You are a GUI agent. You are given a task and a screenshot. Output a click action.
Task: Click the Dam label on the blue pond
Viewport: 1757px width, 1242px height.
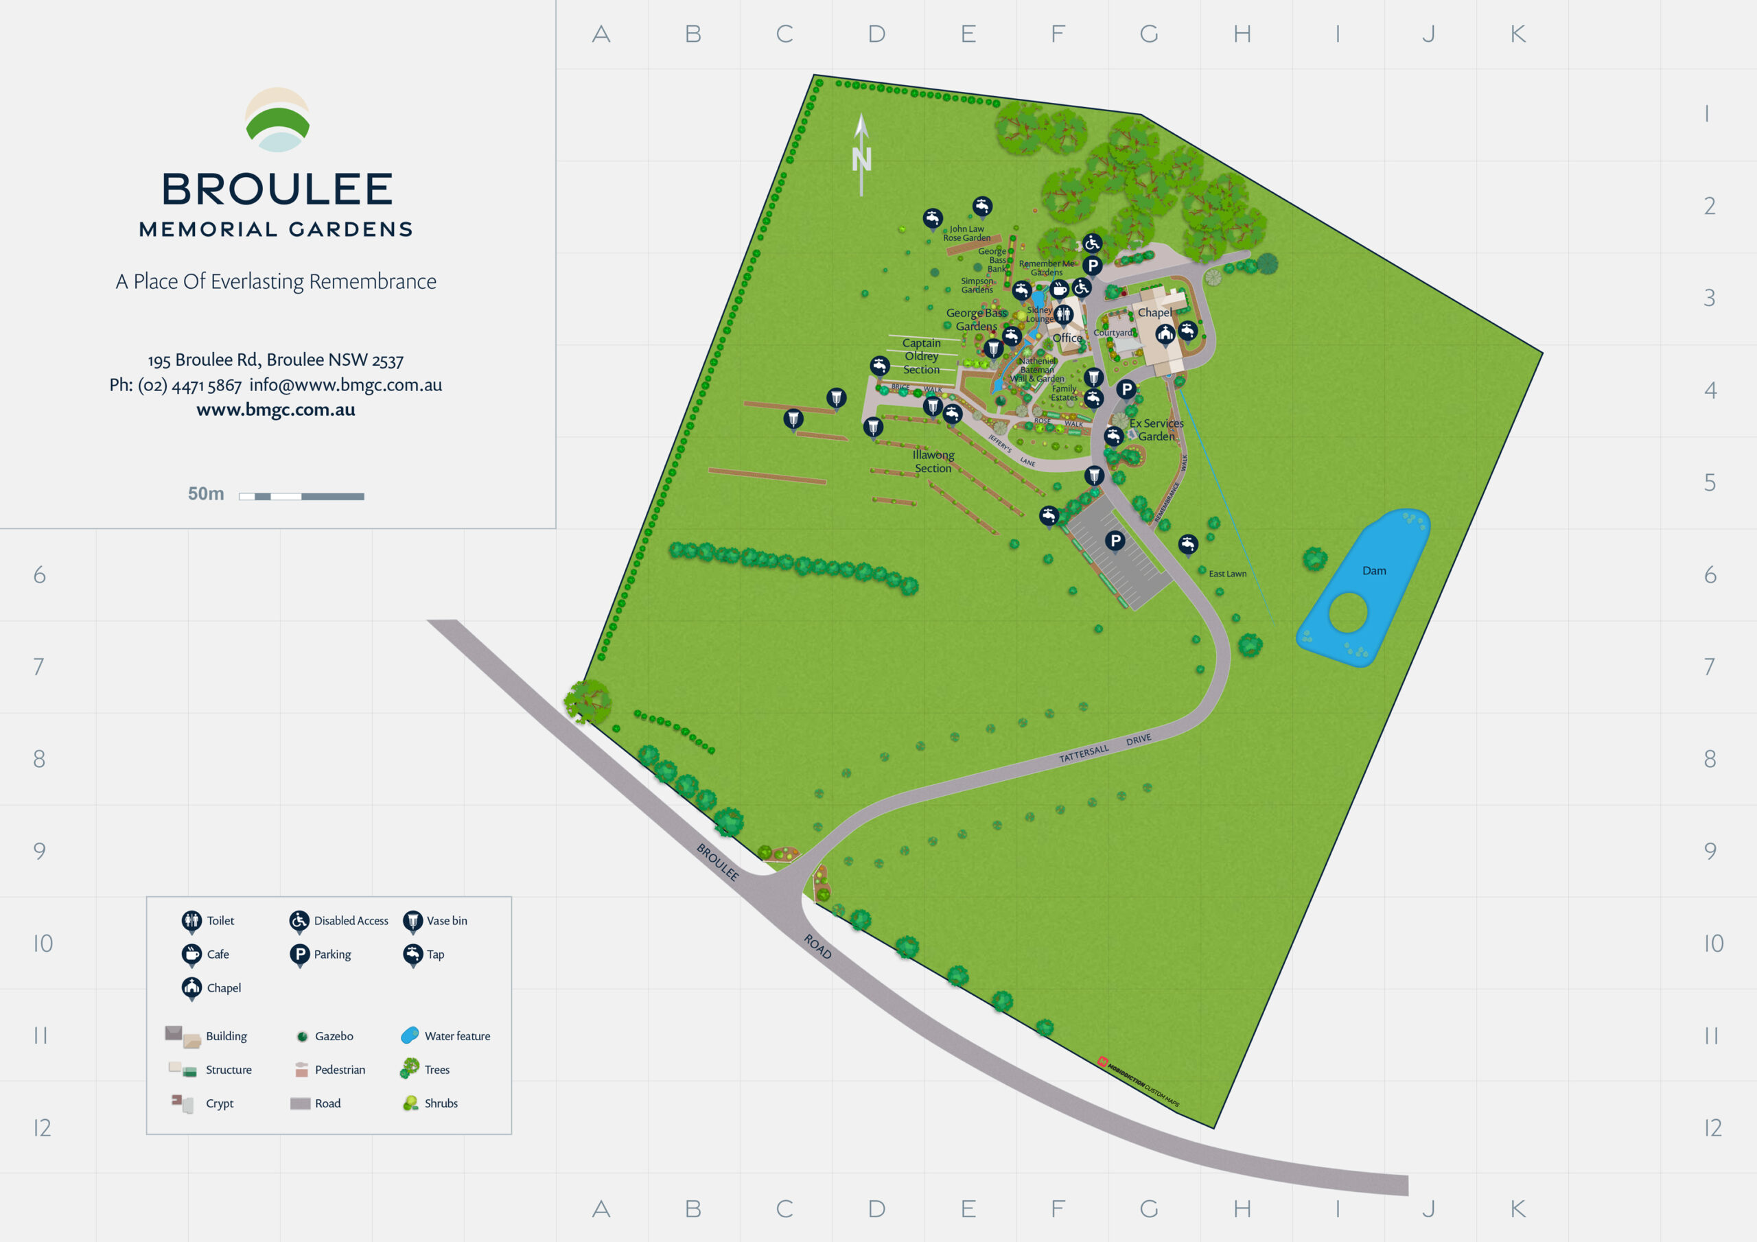(x=1373, y=571)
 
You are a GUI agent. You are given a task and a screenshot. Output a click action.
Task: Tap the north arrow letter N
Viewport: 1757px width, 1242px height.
(x=861, y=159)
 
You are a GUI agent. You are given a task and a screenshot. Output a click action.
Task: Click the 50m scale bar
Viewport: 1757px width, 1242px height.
(x=301, y=497)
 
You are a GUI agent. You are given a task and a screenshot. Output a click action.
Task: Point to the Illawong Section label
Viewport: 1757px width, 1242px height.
(x=933, y=461)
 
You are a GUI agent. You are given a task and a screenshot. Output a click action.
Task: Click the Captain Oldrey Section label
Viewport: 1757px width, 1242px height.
(x=921, y=357)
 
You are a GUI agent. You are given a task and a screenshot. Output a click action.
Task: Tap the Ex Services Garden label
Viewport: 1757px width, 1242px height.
(x=1156, y=430)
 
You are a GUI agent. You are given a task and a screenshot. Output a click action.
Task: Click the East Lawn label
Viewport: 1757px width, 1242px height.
(x=1227, y=574)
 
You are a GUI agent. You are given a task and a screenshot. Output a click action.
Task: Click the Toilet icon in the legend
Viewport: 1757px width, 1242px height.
(x=191, y=921)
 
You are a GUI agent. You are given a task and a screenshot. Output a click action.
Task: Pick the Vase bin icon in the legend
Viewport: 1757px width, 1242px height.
(x=412, y=921)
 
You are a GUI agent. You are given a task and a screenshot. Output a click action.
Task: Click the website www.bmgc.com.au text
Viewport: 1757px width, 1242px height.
(x=275, y=410)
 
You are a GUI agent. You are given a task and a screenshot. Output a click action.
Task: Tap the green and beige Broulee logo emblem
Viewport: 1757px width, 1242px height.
(x=277, y=120)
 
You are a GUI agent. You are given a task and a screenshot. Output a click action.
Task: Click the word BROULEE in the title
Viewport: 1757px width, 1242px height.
(x=277, y=189)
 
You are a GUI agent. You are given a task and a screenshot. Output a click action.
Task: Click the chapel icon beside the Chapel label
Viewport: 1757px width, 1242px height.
(x=1165, y=333)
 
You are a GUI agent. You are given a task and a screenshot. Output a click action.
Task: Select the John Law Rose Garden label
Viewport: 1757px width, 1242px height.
(x=966, y=233)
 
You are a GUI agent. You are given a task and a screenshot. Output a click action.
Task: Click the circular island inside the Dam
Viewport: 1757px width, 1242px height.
(x=1347, y=613)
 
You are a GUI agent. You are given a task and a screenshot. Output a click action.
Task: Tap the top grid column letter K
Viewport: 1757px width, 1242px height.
(x=1518, y=34)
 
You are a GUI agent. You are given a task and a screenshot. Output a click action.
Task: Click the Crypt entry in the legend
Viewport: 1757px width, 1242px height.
(x=219, y=1103)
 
